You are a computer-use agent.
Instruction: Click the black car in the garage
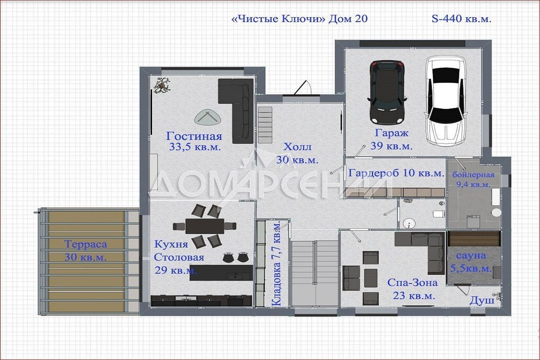(387, 92)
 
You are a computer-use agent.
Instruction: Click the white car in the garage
(446, 101)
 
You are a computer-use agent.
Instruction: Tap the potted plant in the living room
(162, 85)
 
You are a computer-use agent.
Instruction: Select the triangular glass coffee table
(207, 117)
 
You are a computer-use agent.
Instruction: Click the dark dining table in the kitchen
(205, 226)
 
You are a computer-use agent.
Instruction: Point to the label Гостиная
(194, 136)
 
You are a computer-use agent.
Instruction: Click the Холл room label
(297, 147)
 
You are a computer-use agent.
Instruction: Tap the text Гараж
(392, 133)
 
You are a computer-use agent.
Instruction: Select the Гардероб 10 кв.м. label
(396, 173)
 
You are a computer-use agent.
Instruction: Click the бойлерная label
(473, 175)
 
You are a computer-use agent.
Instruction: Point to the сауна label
(471, 256)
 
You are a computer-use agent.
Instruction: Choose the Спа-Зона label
(412, 283)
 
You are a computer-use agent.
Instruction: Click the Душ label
(482, 301)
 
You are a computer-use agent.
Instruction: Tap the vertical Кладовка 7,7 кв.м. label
(276, 264)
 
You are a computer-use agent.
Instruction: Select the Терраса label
(85, 244)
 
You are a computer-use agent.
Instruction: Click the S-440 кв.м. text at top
(461, 19)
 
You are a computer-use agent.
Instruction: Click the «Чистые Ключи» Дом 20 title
(299, 19)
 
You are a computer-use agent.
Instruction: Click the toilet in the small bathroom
(439, 214)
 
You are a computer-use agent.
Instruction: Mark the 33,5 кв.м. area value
(195, 147)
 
